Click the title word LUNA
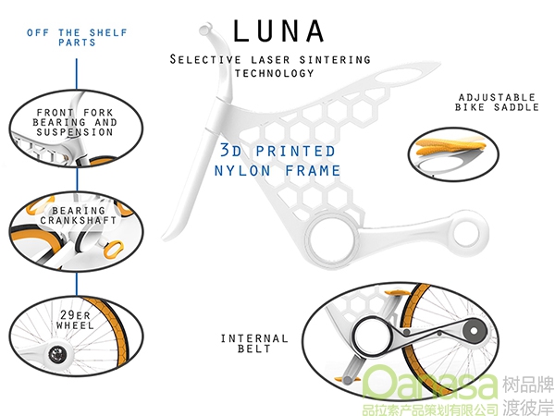[278, 31]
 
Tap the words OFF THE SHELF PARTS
[77, 38]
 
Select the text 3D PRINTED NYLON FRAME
[277, 161]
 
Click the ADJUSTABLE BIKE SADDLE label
[497, 103]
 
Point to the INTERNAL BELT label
[254, 344]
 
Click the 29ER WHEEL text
[75, 320]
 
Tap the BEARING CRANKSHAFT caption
[79, 215]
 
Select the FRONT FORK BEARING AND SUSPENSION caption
[75, 122]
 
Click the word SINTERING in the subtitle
[335, 59]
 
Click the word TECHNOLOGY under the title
[275, 73]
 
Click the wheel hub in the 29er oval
[56, 354]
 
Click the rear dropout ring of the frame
[470, 233]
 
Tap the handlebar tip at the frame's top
[205, 29]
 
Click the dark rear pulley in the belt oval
[474, 331]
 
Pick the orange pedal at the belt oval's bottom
[347, 380]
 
